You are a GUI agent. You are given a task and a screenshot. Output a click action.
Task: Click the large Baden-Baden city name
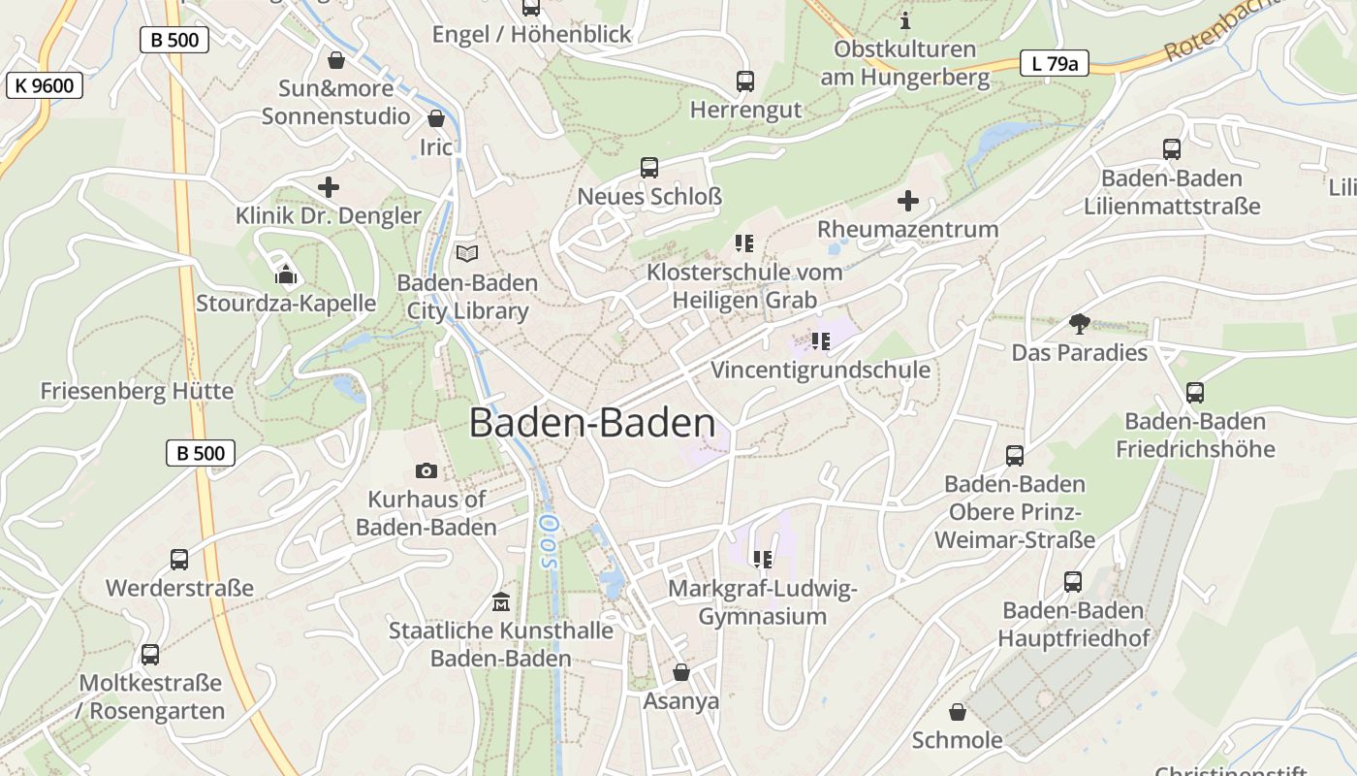coord(592,424)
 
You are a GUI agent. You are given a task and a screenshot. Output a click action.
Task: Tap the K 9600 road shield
coord(45,85)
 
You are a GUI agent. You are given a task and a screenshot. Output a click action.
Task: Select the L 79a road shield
coord(1055,64)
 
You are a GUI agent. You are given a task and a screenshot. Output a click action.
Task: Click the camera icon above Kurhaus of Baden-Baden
coord(426,471)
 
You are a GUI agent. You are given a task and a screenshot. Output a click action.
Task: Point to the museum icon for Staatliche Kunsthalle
coord(500,601)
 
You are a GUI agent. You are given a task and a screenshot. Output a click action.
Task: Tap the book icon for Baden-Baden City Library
coord(467,254)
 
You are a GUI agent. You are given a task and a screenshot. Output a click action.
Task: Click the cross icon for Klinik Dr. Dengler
coord(329,186)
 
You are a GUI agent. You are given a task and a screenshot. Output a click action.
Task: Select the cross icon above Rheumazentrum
coord(908,201)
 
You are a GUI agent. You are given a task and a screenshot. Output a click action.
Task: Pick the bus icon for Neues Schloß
coord(649,168)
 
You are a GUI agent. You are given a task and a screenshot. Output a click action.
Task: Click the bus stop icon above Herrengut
coord(744,81)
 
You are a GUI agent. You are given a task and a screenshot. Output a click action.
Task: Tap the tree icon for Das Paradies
coord(1079,324)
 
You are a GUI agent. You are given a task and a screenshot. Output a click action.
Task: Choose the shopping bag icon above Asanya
coord(681,672)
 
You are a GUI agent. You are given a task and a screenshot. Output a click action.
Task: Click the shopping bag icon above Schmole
coord(958,712)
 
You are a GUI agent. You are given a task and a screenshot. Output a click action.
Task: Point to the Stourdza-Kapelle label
coord(286,303)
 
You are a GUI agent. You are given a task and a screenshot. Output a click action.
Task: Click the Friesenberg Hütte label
coord(137,391)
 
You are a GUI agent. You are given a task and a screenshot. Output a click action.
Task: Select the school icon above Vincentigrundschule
coord(821,341)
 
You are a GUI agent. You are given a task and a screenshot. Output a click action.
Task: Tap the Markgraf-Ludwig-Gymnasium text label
coord(763,602)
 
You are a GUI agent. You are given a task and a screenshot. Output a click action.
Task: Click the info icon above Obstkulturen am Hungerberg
coord(905,19)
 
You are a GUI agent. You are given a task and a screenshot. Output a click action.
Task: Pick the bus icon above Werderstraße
coord(179,560)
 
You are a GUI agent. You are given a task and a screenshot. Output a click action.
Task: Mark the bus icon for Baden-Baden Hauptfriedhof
coord(1073,582)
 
